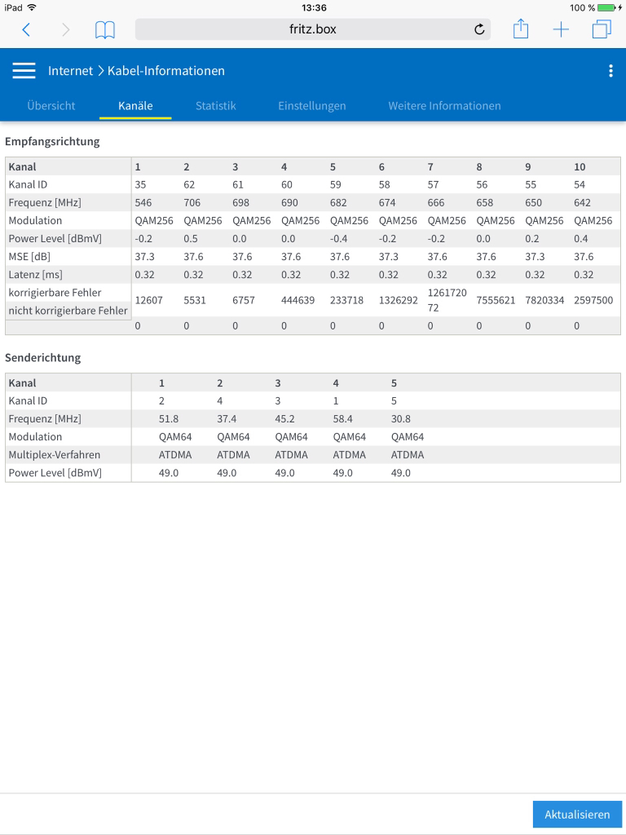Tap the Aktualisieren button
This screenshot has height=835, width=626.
click(x=577, y=815)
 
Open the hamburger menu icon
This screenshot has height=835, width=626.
click(x=24, y=71)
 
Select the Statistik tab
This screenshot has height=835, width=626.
click(x=216, y=106)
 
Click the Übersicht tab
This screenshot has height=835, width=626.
click(x=51, y=106)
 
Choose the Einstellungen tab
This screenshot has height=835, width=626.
click(x=311, y=106)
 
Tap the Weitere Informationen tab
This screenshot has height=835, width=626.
click(x=444, y=106)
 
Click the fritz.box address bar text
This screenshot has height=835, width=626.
click(x=313, y=29)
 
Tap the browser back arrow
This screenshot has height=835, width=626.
click(x=26, y=30)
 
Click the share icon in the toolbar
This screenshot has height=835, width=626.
click(x=521, y=30)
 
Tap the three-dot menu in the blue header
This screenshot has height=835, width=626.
click(x=611, y=71)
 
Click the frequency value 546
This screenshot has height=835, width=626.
click(x=143, y=203)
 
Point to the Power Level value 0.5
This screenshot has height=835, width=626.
click(x=191, y=239)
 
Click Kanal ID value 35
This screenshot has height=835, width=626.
click(x=140, y=185)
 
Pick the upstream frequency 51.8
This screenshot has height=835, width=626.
click(x=169, y=419)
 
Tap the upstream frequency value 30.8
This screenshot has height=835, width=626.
click(x=401, y=419)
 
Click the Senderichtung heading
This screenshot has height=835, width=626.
click(x=43, y=358)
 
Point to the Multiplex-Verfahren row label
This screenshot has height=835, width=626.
click(x=54, y=455)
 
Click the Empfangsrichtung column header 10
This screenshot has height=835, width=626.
click(x=580, y=167)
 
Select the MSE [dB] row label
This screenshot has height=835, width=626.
click(x=29, y=257)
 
